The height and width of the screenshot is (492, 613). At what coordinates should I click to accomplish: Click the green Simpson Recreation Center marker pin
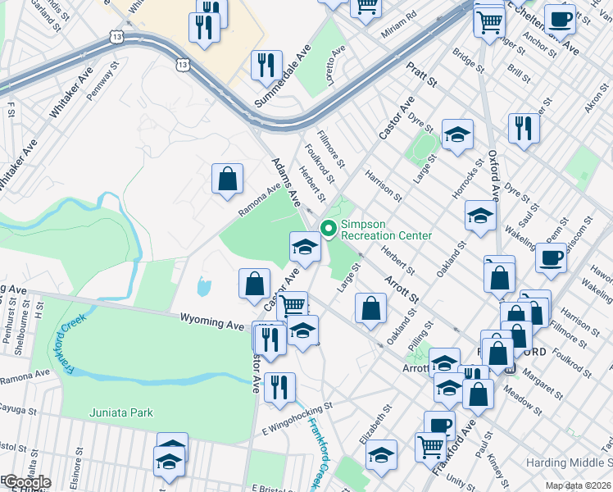click(x=329, y=229)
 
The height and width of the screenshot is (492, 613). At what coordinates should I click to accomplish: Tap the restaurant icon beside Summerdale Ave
click(x=266, y=65)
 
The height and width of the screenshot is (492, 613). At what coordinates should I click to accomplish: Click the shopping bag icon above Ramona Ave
click(x=227, y=179)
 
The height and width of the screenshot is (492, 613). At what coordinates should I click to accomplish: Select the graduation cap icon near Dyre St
click(x=457, y=134)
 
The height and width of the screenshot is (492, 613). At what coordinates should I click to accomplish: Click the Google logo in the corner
click(x=26, y=482)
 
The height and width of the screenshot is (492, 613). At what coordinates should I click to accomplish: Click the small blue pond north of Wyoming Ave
click(x=202, y=286)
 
